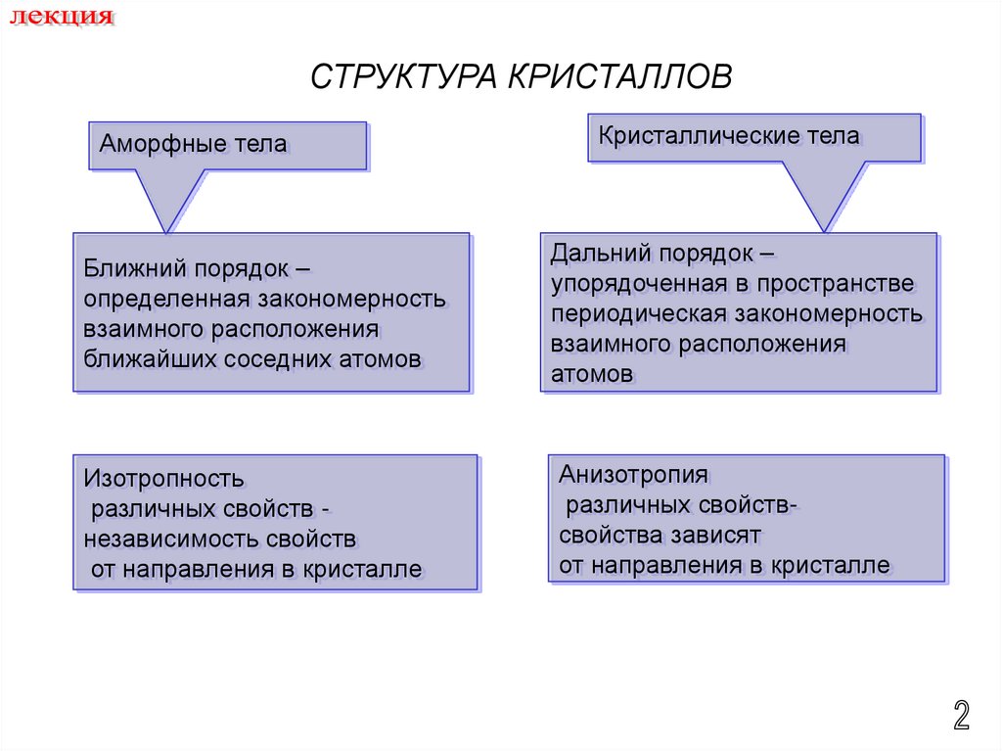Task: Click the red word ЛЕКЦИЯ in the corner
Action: click(x=61, y=18)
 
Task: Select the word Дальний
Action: click(x=600, y=254)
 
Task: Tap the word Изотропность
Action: click(x=163, y=480)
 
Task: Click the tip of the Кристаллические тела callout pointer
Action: click(x=826, y=231)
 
